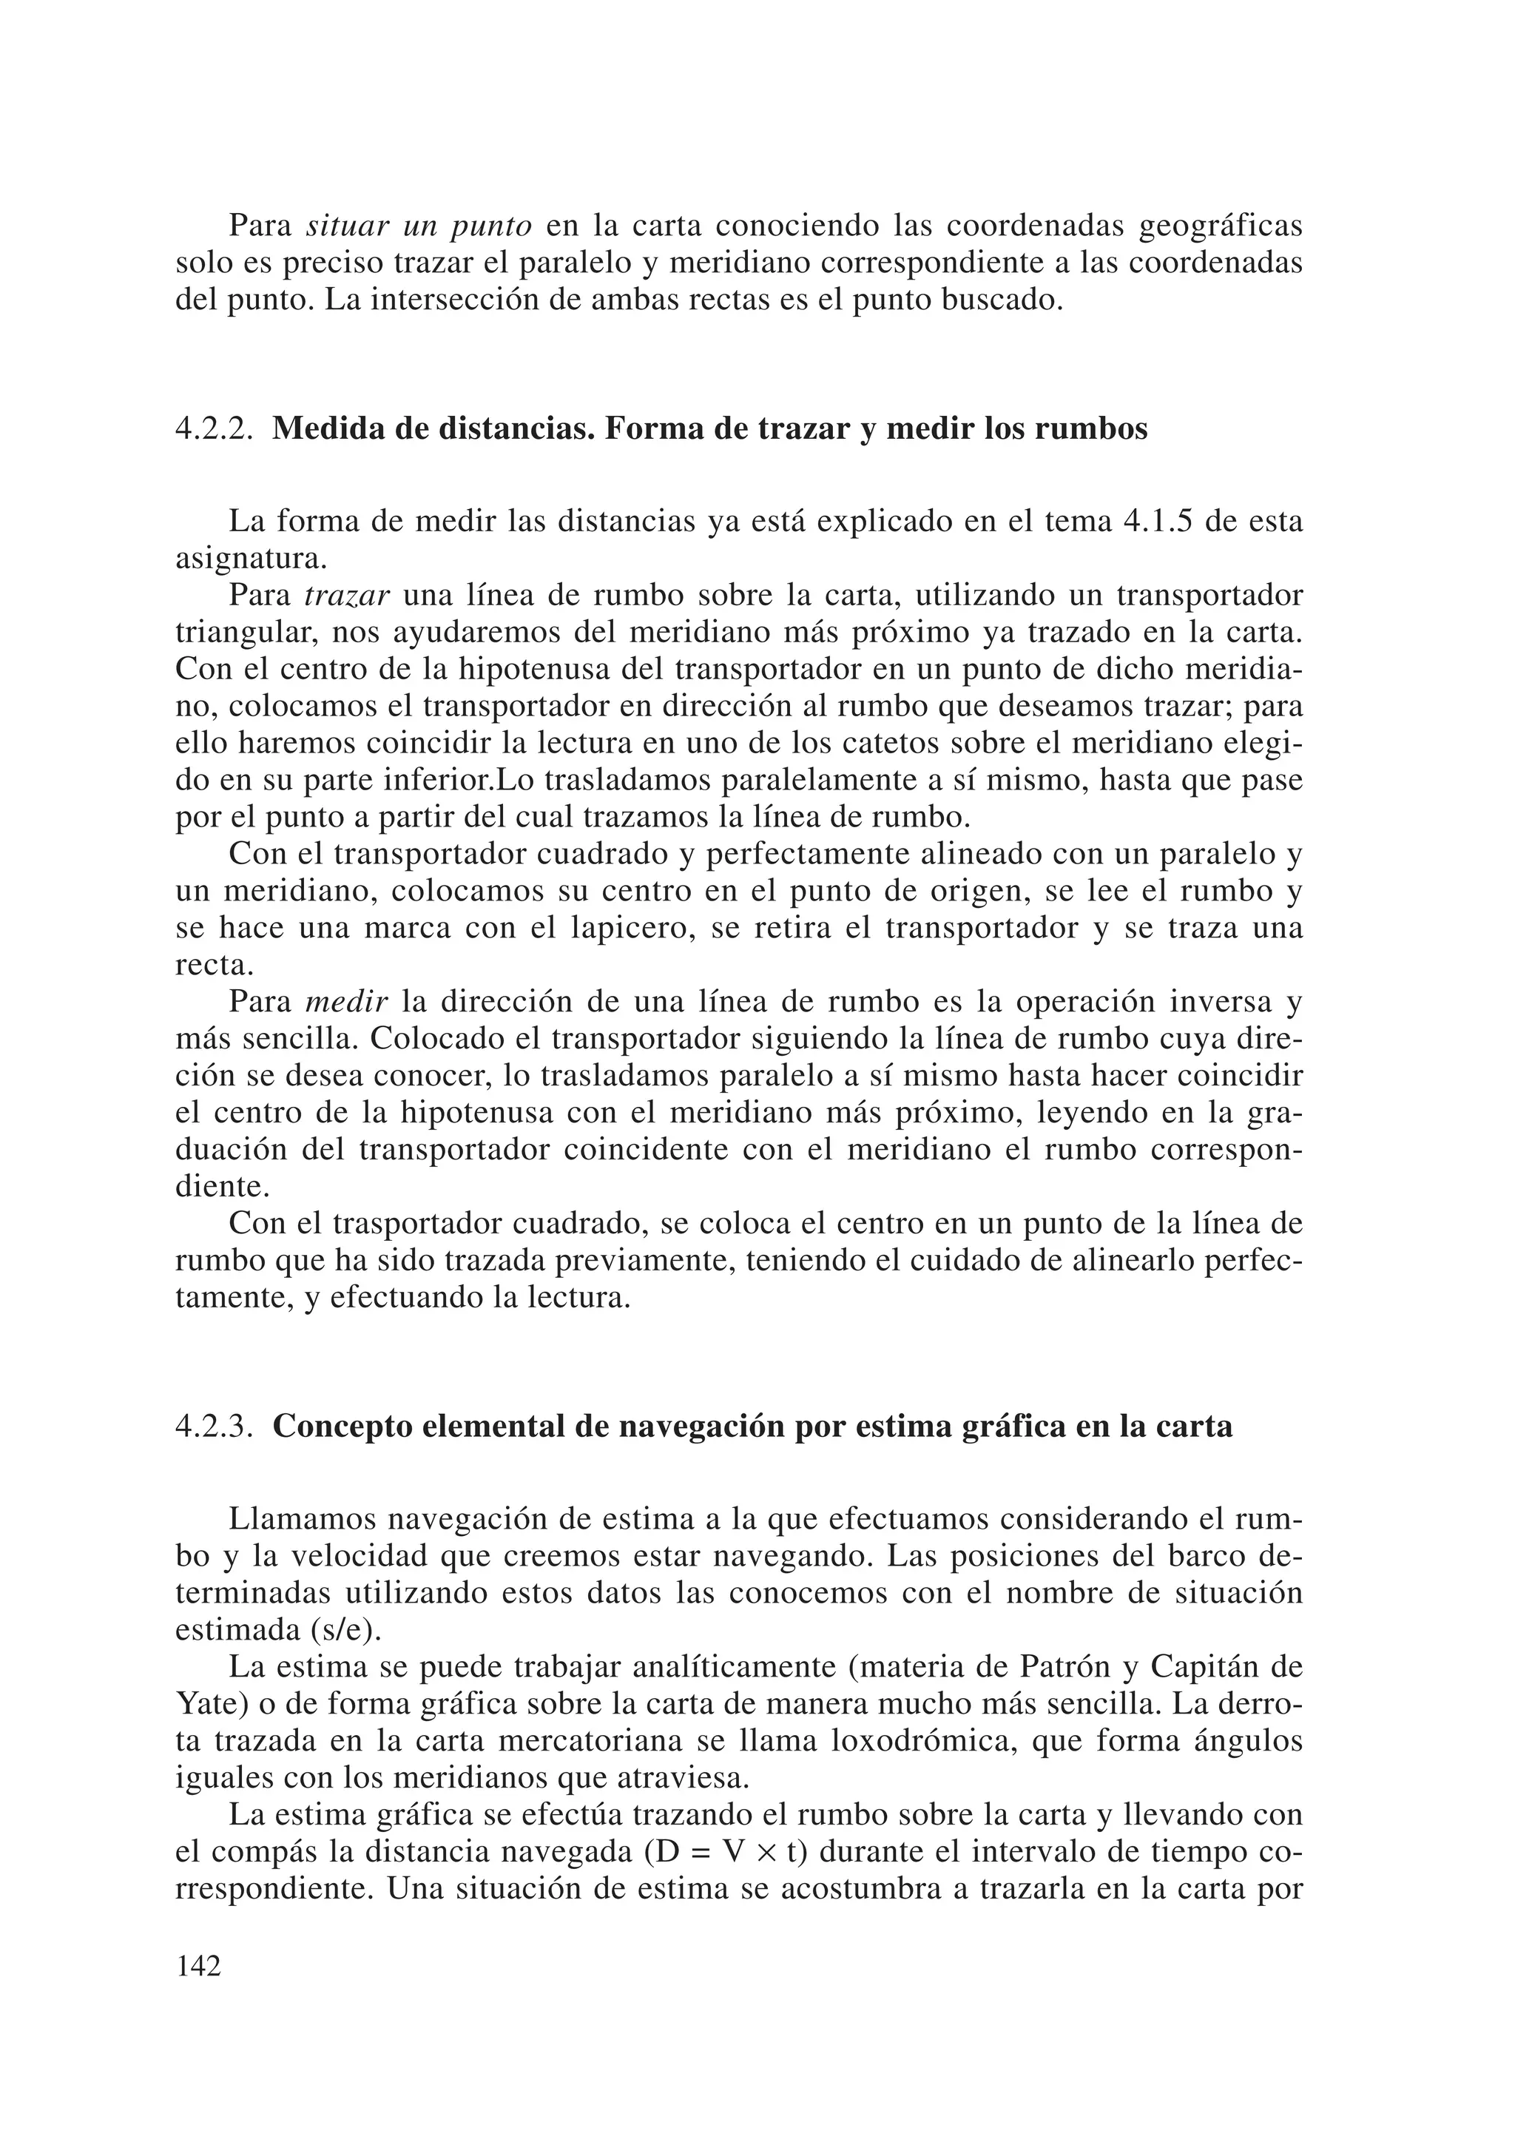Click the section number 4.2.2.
coord(214,430)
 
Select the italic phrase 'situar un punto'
coord(419,226)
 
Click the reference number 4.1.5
coord(1154,522)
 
